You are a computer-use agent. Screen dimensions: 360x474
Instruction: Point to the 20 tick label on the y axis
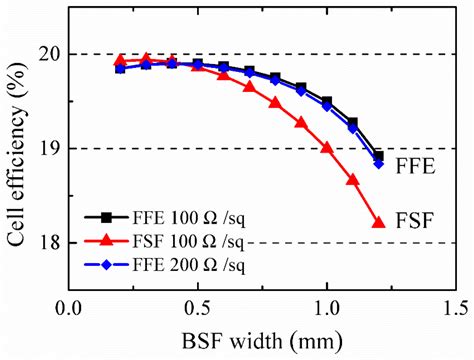click(x=50, y=54)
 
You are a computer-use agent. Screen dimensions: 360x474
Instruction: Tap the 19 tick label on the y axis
click(x=50, y=148)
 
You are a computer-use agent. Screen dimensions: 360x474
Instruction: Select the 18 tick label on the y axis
click(x=50, y=242)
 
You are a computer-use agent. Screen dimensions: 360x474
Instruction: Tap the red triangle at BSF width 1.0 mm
click(x=327, y=147)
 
